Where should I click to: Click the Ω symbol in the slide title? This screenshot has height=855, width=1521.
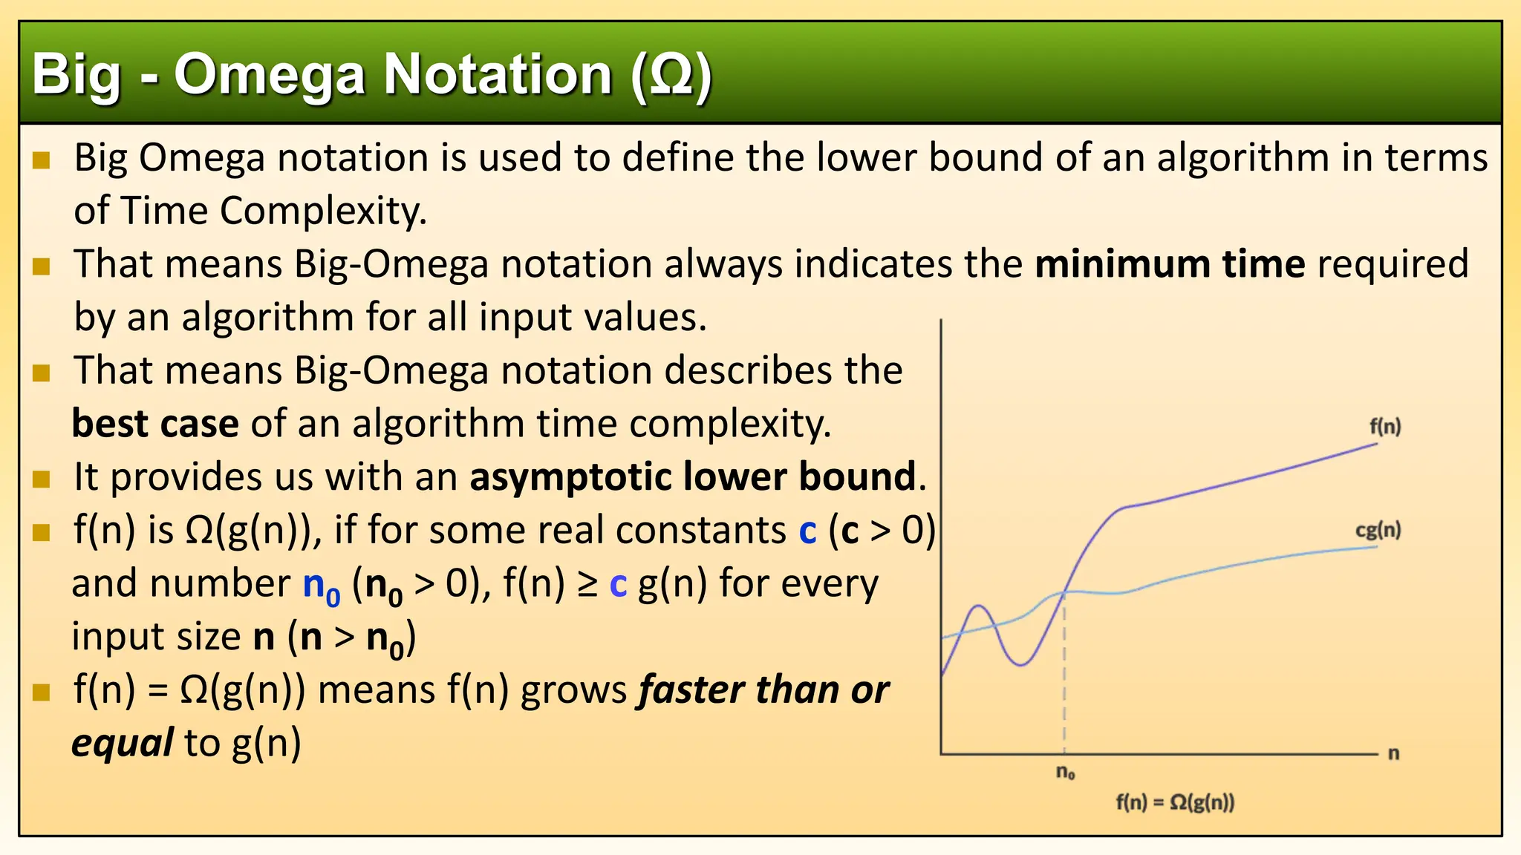[x=671, y=76]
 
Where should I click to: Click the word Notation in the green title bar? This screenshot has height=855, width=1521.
[x=498, y=76]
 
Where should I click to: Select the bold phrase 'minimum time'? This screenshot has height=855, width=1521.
[x=1170, y=264]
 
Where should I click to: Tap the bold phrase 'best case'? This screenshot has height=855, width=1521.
[x=155, y=424]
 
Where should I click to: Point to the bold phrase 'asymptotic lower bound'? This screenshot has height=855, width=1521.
[x=693, y=476]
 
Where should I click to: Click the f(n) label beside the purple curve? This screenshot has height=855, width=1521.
[x=1385, y=427]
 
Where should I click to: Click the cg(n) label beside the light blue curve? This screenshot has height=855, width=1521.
[x=1378, y=530]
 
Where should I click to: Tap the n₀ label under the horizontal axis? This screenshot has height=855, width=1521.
[x=1066, y=773]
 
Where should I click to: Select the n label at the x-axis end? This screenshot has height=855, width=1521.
[x=1393, y=753]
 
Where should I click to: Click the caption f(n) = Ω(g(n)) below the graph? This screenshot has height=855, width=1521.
[x=1175, y=802]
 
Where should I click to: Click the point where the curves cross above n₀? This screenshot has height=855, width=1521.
[x=1064, y=592]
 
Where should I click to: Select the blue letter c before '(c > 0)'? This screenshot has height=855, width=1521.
[x=807, y=531]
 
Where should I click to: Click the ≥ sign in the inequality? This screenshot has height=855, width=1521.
[x=587, y=584]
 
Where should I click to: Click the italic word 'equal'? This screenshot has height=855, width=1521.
[x=123, y=743]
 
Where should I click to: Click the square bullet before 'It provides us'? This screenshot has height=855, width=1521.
[x=42, y=479]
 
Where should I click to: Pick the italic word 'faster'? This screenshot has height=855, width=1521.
[x=690, y=689]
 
